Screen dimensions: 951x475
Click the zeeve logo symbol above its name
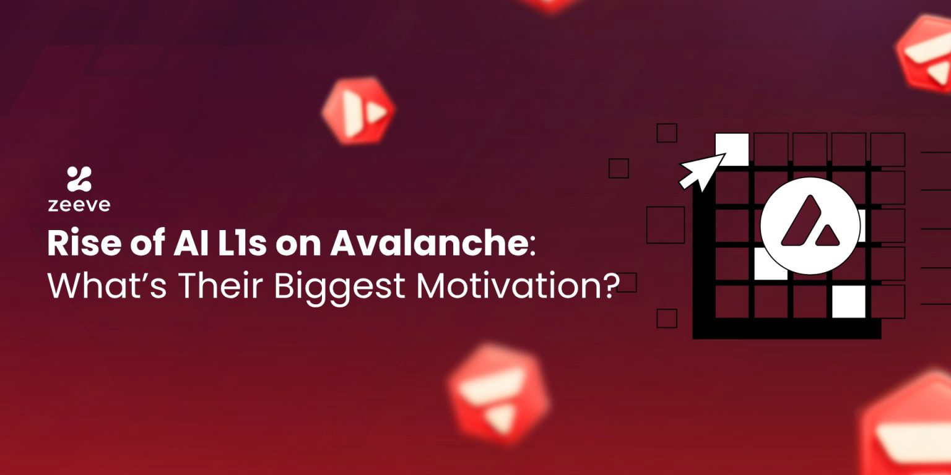click(79, 179)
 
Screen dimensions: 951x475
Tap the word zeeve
click(79, 205)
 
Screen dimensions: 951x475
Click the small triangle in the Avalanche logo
click(827, 236)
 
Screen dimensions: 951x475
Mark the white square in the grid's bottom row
click(848, 302)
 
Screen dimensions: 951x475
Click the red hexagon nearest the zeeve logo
click(358, 111)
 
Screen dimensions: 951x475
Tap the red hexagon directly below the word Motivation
click(499, 394)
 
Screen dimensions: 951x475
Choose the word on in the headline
click(298, 246)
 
